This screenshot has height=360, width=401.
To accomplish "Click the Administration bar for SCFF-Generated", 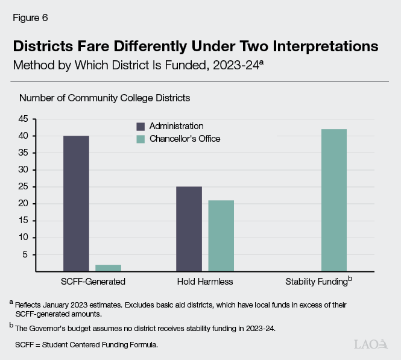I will pyautogui.click(x=76, y=204).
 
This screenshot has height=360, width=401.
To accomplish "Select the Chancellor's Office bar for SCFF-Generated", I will pyautogui.click(x=108, y=268).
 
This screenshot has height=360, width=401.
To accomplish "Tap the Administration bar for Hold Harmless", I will pyautogui.click(x=189, y=229).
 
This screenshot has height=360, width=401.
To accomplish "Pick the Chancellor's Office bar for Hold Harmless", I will pyautogui.click(x=221, y=236).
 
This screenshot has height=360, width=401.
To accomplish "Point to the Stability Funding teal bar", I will pyautogui.click(x=333, y=200).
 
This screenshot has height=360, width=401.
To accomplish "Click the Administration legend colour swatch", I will pyautogui.click(x=140, y=127).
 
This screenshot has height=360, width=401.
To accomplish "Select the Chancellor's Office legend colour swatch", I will pyautogui.click(x=140, y=139).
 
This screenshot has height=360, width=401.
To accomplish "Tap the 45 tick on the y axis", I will pyautogui.click(x=24, y=119).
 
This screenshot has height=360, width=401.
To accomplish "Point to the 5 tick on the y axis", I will pyautogui.click(x=26, y=254).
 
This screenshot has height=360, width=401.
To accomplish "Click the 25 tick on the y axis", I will pyautogui.click(x=24, y=187).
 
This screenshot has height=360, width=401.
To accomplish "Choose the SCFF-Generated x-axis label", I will pyautogui.click(x=92, y=282).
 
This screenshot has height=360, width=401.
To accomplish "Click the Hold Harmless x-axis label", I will pyautogui.click(x=205, y=282).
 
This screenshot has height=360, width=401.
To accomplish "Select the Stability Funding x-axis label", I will pyautogui.click(x=316, y=282).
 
